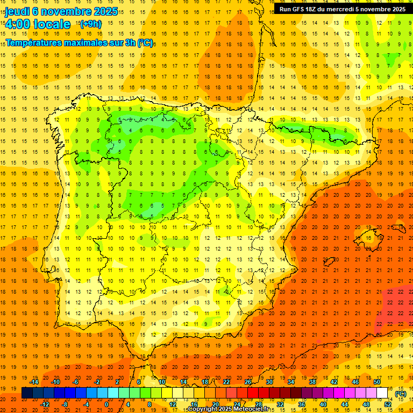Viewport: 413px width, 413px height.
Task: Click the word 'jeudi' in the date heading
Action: tap(17, 11)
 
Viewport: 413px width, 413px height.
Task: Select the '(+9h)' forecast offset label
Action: tap(90, 24)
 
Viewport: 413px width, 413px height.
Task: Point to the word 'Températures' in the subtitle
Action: tap(34, 42)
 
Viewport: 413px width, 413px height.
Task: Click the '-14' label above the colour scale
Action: tap(34, 382)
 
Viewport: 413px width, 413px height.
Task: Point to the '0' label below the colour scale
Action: tap(106, 404)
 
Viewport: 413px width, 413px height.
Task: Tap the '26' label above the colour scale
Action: tap(248, 382)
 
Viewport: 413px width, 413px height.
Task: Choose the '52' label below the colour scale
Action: tap(388, 404)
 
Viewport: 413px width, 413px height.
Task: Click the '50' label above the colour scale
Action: tap(377, 382)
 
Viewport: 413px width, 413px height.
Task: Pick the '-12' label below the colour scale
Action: tap(45, 404)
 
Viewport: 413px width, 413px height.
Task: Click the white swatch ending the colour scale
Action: tap(382, 393)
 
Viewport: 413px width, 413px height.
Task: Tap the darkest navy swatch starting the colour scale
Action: tap(27, 393)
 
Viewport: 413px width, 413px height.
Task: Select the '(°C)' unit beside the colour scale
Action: tap(401, 393)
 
